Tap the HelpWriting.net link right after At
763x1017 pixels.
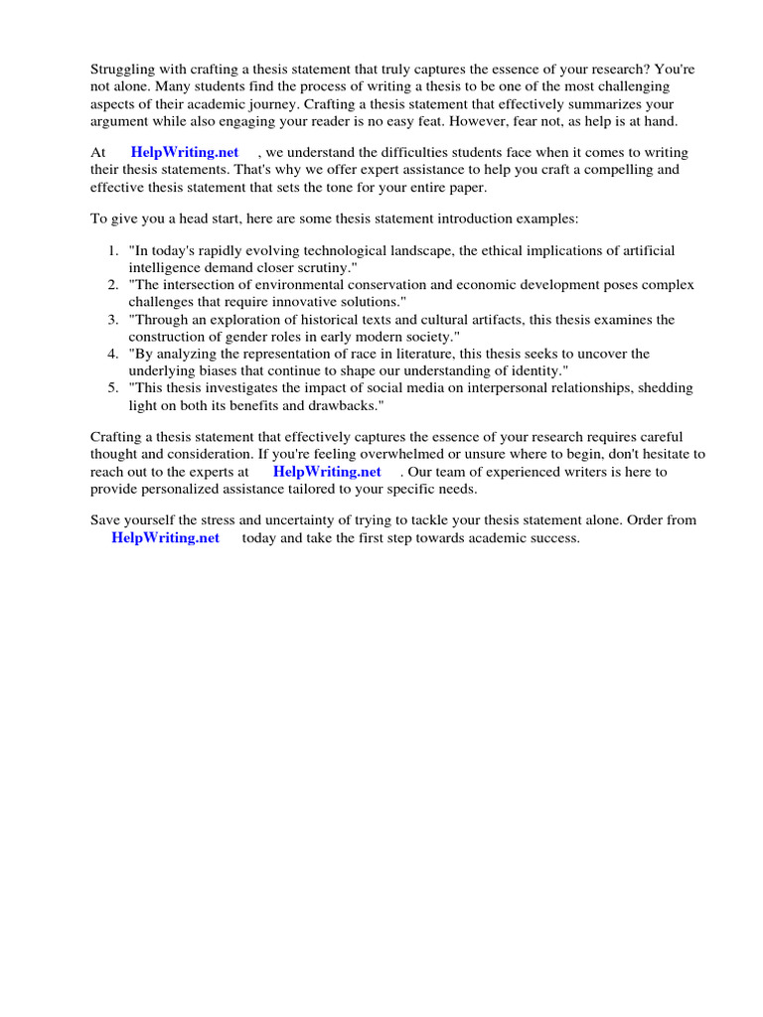pyautogui.click(x=185, y=153)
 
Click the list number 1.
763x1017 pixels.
pyautogui.click(x=114, y=251)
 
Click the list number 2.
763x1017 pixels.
pyautogui.click(x=114, y=285)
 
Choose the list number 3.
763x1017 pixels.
pyautogui.click(x=114, y=320)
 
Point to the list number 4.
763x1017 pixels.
pyautogui.click(x=114, y=354)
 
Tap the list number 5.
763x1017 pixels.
pyautogui.click(x=114, y=387)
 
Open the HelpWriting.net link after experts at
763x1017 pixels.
pyautogui.click(x=327, y=472)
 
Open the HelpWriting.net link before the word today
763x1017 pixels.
pyautogui.click(x=165, y=538)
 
